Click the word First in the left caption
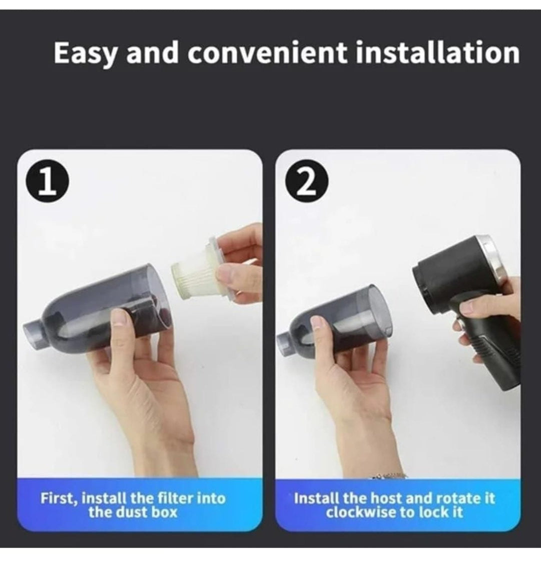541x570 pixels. click(x=57, y=498)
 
